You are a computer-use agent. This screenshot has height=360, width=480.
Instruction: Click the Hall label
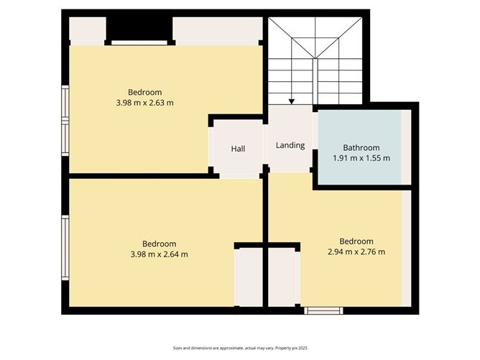tap(238, 149)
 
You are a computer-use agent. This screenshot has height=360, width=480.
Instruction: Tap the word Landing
tap(290, 145)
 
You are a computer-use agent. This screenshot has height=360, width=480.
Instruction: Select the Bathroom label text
tap(361, 148)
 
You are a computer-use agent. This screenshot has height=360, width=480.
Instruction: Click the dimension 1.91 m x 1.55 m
tap(361, 158)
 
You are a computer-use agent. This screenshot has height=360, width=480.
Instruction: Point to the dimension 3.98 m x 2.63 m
tap(144, 103)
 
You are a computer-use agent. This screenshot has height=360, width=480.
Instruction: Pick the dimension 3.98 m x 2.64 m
tap(159, 254)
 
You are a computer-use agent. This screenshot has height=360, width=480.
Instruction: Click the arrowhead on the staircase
tap(291, 102)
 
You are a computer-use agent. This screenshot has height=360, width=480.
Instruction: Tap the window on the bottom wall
tap(323, 311)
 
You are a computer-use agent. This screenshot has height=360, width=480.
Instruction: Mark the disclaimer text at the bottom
tap(239, 348)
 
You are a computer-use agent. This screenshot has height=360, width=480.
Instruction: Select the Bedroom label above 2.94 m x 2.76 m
tap(356, 241)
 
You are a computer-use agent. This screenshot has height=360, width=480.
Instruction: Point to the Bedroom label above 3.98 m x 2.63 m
tap(144, 92)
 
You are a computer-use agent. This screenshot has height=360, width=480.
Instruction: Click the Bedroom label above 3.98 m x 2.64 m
tap(159, 244)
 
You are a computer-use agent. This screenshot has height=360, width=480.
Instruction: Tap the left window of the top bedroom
tap(65, 121)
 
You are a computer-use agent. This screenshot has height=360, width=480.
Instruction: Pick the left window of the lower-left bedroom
tap(65, 247)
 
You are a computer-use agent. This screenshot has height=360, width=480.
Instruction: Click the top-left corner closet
tap(87, 30)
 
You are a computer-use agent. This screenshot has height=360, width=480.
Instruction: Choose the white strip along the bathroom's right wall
tap(407, 147)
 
